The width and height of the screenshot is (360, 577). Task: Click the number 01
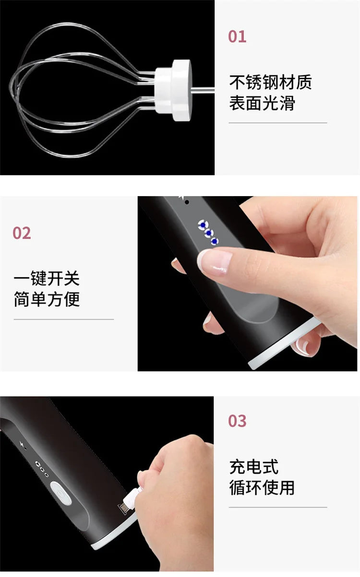pyautogui.click(x=237, y=37)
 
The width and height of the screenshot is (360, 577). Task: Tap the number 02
pyautogui.click(x=22, y=233)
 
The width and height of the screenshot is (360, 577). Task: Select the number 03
pyautogui.click(x=237, y=421)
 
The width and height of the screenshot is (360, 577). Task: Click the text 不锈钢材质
pyautogui.click(x=270, y=82)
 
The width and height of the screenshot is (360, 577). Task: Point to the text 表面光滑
pyautogui.click(x=262, y=103)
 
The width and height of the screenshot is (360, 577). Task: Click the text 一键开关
pyautogui.click(x=47, y=279)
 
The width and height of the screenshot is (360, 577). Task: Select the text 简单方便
pyautogui.click(x=47, y=300)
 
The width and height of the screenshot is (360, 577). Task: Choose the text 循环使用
pyautogui.click(x=262, y=488)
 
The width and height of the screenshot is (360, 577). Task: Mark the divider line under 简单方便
pyautogui.click(x=63, y=319)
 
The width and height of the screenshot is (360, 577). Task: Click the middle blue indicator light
pyautogui.click(x=209, y=233)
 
